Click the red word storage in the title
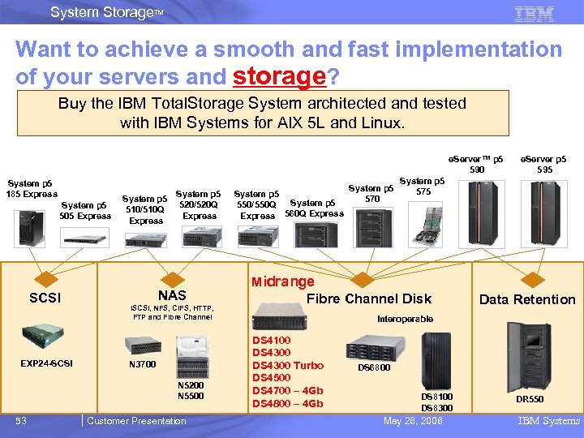pos(278,76)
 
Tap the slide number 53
pos(23,420)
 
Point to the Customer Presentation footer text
pos(136,420)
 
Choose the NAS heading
pos(172,296)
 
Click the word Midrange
pos(282,281)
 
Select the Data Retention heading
pos(526,299)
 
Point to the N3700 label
pos(143,364)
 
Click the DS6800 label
pos(374,367)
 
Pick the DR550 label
pos(530,400)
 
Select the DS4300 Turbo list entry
pos(288,365)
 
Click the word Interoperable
pos(405,319)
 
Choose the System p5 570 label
pos(372,193)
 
